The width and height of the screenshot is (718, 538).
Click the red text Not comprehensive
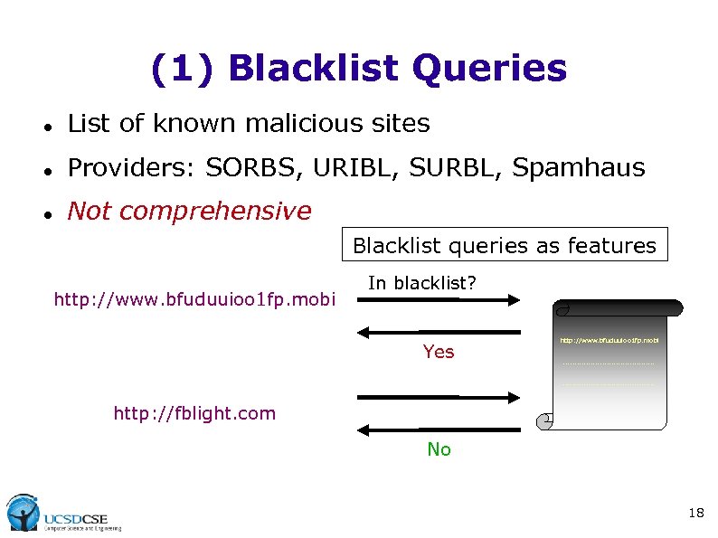[x=189, y=212]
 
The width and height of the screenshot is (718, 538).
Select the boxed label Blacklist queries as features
[x=504, y=245]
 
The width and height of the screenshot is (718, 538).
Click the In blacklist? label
[x=421, y=283]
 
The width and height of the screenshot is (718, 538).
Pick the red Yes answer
[x=439, y=352]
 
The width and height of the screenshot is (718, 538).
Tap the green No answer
[x=439, y=449]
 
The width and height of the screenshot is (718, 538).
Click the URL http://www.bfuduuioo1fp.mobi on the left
[x=194, y=298]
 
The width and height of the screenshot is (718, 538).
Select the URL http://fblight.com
[x=194, y=414]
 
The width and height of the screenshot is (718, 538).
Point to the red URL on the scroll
[x=609, y=341]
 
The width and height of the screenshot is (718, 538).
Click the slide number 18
[x=695, y=514]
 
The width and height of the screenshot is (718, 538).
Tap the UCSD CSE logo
[x=63, y=514]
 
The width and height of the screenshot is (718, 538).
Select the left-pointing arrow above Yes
[x=439, y=333]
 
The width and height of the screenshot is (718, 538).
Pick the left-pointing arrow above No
[x=439, y=429]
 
